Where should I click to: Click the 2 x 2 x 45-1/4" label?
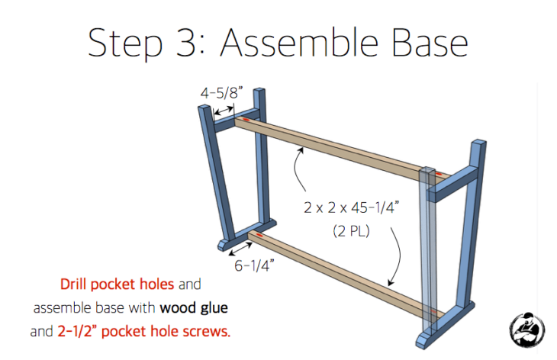coord(362,207)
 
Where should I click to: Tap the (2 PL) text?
coord(350,230)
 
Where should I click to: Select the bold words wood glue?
coord(194,308)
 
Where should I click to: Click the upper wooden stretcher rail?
coord(336,145)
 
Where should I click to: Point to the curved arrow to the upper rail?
coord(301,172)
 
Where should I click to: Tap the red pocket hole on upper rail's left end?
coord(246,121)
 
